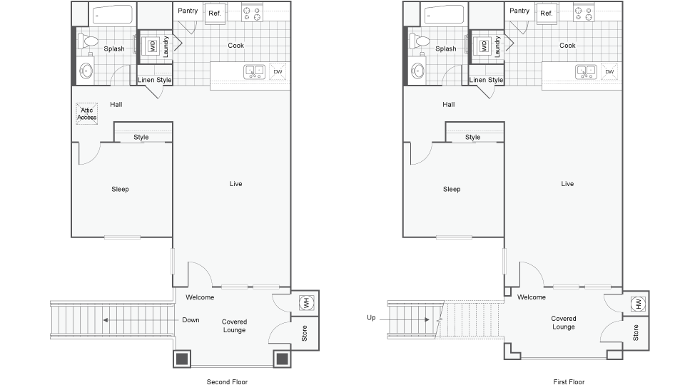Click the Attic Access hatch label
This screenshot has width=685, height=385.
(x=88, y=113)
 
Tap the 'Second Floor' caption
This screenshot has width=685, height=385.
(x=228, y=381)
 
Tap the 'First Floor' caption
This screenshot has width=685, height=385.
(x=568, y=381)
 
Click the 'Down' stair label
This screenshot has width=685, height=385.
(x=191, y=319)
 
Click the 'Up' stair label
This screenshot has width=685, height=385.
(x=371, y=317)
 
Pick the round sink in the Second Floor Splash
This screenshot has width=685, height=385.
(x=86, y=71)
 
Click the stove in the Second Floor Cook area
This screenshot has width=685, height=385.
(x=251, y=12)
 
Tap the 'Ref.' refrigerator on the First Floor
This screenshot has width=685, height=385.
(x=547, y=13)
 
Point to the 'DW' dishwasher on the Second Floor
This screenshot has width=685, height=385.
(x=278, y=72)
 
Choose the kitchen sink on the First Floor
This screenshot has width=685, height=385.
(x=586, y=71)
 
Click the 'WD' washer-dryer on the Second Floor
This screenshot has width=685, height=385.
(x=152, y=46)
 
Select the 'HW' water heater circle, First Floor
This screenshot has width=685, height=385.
(x=636, y=304)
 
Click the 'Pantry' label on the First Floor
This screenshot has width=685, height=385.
(x=519, y=11)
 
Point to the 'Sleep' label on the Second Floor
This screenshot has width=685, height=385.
(x=120, y=189)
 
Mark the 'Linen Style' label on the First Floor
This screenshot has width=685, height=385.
(x=486, y=80)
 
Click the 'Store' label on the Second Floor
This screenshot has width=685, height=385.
(x=305, y=333)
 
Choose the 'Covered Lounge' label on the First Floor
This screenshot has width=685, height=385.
(x=564, y=323)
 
